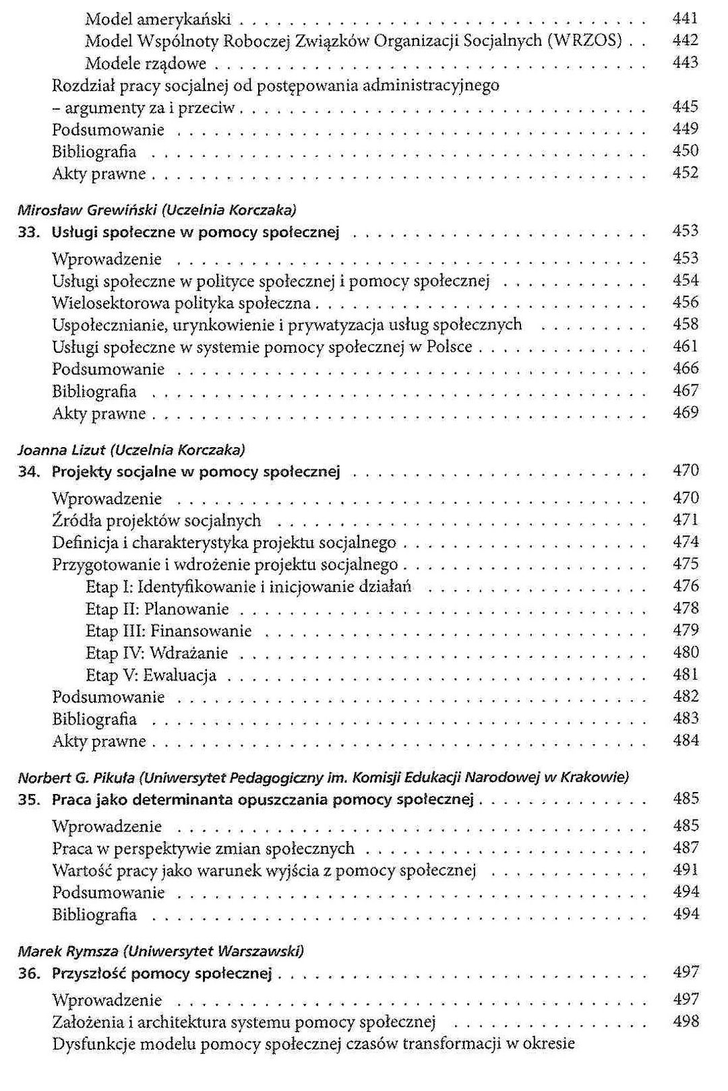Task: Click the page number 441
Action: [x=686, y=19]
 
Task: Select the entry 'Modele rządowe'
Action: [x=146, y=64]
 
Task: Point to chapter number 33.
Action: [x=30, y=232]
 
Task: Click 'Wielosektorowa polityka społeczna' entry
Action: [x=181, y=303]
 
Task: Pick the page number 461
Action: [x=686, y=347]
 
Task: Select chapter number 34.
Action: [x=30, y=471]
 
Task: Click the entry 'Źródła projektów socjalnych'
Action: [x=156, y=521]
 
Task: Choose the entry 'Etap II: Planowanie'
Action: [x=157, y=609]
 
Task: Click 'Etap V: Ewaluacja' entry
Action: [x=151, y=675]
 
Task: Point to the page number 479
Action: [x=686, y=631]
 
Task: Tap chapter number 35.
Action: [x=30, y=800]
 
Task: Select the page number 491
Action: [x=686, y=870]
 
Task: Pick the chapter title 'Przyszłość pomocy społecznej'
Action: [x=162, y=973]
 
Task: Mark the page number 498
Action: [x=686, y=1022]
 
